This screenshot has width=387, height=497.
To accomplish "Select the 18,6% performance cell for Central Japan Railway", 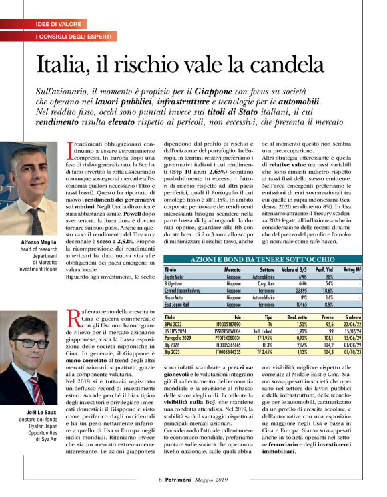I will click(x=328, y=291).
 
